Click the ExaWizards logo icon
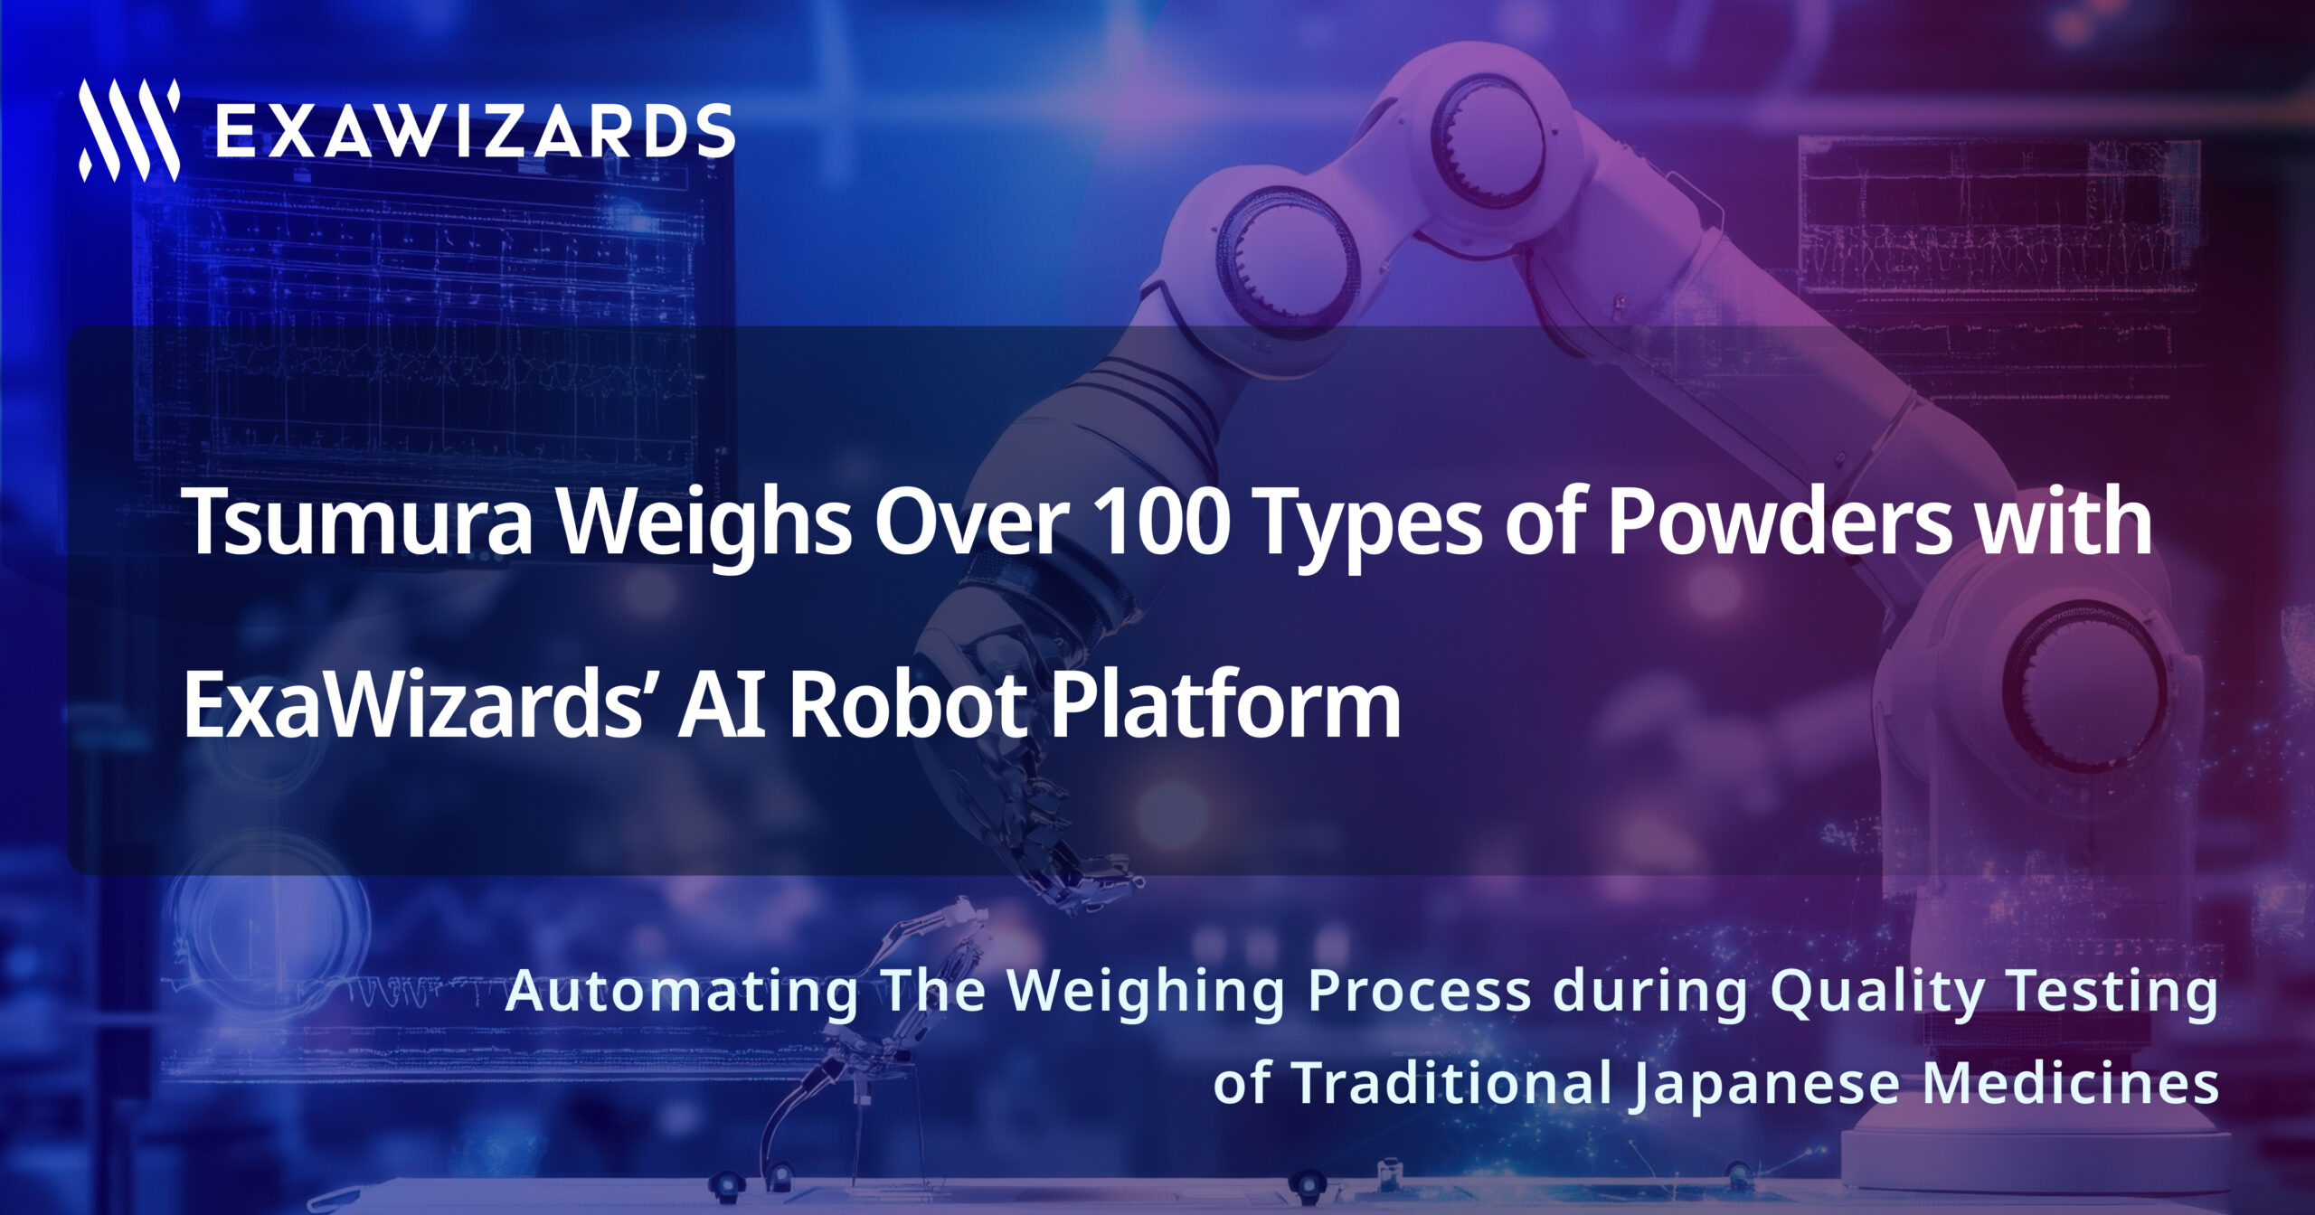[129, 130]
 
